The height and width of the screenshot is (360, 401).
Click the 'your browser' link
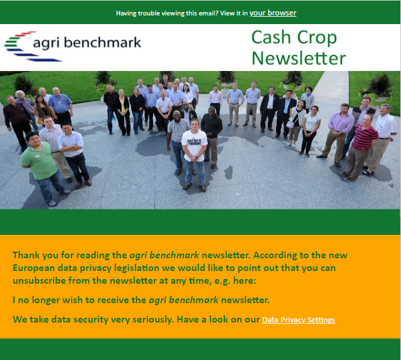[273, 13]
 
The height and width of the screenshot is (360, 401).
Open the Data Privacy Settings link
[299, 320]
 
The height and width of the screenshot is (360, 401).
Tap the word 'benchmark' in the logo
[102, 42]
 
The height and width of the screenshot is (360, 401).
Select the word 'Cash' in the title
[271, 37]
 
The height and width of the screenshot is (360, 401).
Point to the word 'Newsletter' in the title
[299, 58]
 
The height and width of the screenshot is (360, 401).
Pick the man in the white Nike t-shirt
[194, 155]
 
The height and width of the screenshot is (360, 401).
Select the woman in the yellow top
[124, 112]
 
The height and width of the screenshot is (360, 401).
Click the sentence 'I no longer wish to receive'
[80, 300]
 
